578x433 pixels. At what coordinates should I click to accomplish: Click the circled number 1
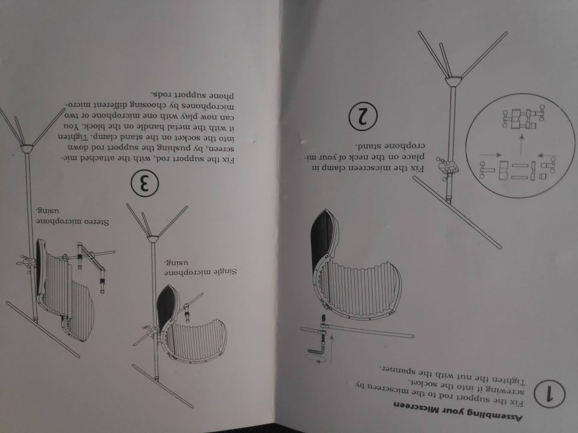(x=549, y=395)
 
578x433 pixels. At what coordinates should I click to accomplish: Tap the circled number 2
(x=363, y=116)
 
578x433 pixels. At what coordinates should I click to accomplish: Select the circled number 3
(x=145, y=183)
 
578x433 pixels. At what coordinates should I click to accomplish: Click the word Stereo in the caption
(x=96, y=222)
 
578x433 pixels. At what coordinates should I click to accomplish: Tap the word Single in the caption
(x=225, y=272)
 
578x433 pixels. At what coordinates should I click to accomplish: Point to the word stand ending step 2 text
(x=367, y=145)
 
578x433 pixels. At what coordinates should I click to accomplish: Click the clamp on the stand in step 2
(x=447, y=168)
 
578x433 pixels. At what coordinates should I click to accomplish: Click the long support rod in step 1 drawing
(x=357, y=331)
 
